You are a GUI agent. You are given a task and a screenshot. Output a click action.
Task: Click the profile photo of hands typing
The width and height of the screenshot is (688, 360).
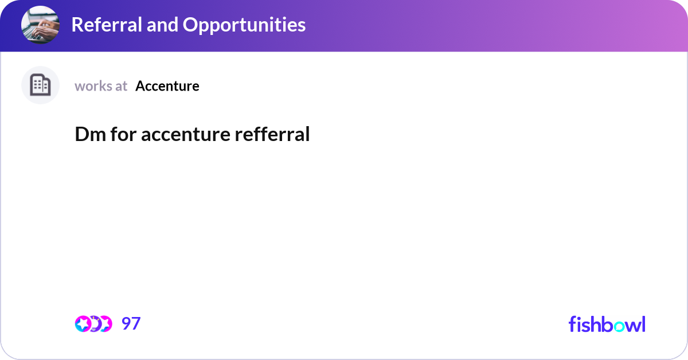[40, 25]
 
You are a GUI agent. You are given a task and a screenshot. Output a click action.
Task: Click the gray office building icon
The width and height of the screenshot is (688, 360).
[40, 85]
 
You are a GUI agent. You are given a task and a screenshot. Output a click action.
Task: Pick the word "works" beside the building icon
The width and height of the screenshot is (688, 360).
[93, 86]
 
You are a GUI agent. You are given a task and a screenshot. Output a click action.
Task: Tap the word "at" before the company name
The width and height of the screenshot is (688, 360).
[121, 86]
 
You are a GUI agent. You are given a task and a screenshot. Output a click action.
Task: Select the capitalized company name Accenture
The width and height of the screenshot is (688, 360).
[167, 86]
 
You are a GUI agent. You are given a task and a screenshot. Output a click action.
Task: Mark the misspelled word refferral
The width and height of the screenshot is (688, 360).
[272, 134]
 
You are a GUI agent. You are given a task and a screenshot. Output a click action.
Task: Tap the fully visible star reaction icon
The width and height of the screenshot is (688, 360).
[83, 324]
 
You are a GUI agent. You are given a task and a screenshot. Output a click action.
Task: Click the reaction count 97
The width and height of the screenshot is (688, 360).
[131, 324]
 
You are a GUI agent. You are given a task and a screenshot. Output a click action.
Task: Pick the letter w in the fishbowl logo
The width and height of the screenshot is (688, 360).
[631, 326]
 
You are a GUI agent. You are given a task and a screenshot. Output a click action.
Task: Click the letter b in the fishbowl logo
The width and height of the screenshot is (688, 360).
[604, 324]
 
